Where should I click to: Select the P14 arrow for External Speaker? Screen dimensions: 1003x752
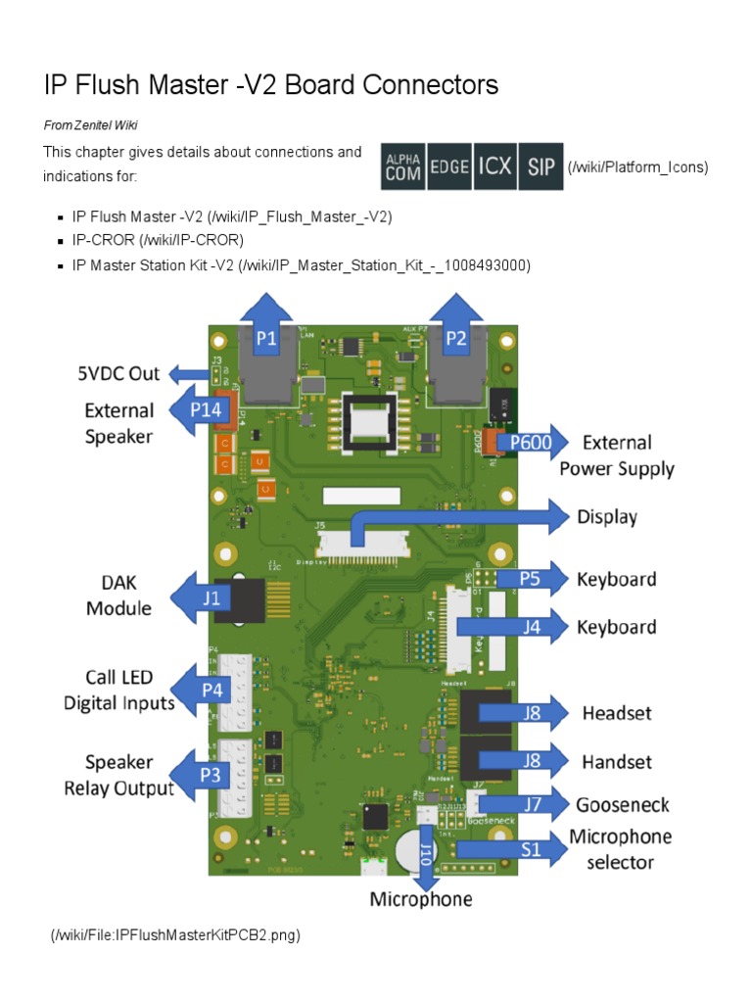(204, 410)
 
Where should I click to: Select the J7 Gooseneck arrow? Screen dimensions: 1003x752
(532, 805)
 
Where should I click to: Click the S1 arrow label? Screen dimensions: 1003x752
(529, 849)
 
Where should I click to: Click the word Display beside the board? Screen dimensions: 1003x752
(607, 517)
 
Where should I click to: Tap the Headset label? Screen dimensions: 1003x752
(617, 713)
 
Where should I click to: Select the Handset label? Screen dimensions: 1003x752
(617, 761)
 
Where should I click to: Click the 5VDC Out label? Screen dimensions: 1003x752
(118, 373)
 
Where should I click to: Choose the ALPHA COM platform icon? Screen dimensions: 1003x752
(402, 167)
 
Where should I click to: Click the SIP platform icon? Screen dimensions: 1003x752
(540, 167)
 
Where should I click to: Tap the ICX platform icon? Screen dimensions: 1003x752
(494, 167)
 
